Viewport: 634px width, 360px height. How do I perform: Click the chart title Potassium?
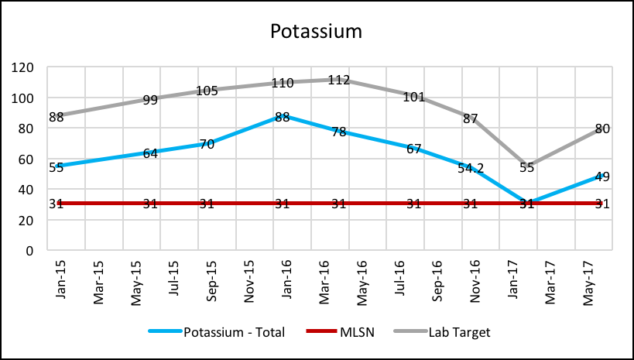pyautogui.click(x=316, y=32)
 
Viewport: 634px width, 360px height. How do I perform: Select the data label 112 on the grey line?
pyautogui.click(x=338, y=80)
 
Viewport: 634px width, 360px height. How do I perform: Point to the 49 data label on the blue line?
pyautogui.click(x=602, y=177)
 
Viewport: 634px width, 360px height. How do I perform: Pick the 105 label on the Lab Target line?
pyautogui.click(x=208, y=91)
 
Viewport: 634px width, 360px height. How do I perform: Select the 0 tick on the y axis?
pyautogui.click(x=30, y=251)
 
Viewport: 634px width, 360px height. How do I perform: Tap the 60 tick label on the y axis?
pyautogui.click(x=27, y=159)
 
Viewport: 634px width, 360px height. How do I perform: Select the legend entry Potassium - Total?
pyautogui.click(x=234, y=333)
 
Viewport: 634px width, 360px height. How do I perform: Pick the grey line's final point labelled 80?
pyautogui.click(x=602, y=129)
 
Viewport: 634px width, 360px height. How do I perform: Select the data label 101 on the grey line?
pyautogui.click(x=415, y=97)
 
